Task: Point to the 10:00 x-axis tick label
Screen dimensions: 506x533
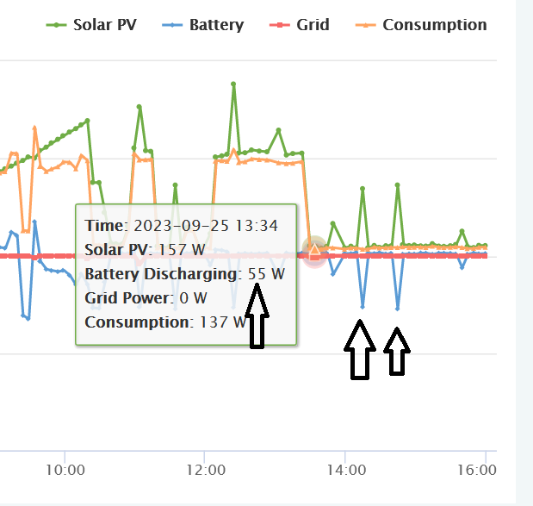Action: [65, 471]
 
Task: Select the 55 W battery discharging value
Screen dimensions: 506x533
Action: [266, 274]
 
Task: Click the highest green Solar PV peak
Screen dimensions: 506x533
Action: [233, 84]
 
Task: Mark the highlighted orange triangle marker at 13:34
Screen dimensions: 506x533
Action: [314, 252]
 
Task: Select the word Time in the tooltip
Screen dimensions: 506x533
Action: [104, 226]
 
